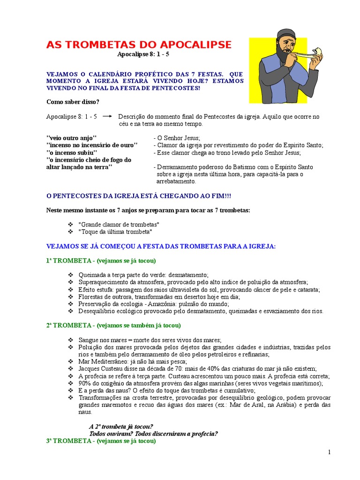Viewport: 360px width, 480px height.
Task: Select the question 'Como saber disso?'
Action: [73, 102]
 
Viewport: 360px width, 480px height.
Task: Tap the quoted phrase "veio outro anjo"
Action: [71, 137]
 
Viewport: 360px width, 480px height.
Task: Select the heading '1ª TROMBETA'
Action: [68, 260]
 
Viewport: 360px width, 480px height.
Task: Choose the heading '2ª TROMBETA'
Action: [68, 325]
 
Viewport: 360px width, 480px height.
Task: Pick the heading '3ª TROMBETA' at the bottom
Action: [68, 441]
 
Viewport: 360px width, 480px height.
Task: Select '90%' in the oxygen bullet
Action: [85, 383]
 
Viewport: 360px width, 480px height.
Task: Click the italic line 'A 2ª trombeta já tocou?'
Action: [121, 427]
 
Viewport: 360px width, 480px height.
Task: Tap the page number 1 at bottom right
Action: [330, 452]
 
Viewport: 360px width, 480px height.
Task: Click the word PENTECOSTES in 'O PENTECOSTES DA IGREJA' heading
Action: [76, 195]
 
